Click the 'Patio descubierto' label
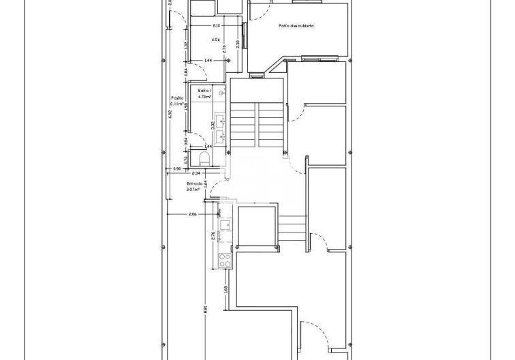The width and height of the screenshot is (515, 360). tap(296, 26)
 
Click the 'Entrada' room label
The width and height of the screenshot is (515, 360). tap(195, 183)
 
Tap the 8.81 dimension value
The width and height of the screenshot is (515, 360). tap(205, 309)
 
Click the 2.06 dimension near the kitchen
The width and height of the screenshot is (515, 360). tap(193, 214)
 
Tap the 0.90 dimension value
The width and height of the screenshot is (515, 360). tap(176, 168)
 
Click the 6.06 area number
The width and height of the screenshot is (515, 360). tap(215, 40)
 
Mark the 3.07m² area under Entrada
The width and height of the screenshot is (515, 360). tap(193, 190)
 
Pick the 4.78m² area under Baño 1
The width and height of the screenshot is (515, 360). tap(204, 97)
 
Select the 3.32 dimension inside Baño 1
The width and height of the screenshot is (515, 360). tap(213, 125)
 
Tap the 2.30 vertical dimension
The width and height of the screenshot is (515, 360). tap(237, 44)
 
